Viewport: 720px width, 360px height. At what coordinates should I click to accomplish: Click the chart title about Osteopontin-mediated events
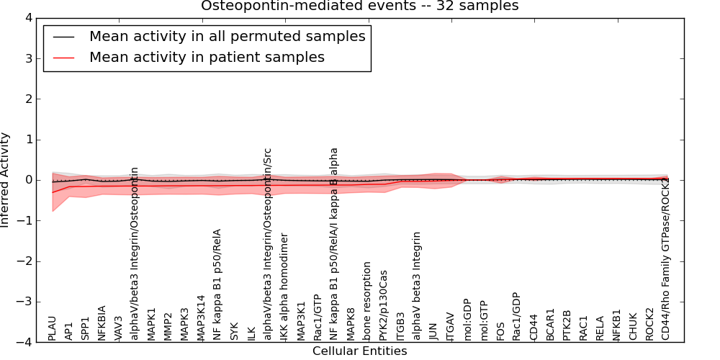(359, 6)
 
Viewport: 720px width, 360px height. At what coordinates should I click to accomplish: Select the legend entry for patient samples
(207, 58)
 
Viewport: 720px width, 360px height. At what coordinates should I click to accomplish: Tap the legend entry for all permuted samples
(227, 37)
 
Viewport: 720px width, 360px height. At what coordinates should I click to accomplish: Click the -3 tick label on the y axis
(27, 302)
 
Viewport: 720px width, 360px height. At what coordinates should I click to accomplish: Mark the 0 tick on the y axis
(31, 180)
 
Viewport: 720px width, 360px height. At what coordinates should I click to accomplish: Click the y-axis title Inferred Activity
(6, 180)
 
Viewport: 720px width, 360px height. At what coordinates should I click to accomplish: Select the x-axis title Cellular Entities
(359, 351)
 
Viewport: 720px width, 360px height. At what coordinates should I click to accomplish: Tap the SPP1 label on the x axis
(85, 328)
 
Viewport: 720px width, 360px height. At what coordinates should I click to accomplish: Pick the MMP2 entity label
(168, 327)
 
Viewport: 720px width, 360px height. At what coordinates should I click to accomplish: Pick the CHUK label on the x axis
(633, 327)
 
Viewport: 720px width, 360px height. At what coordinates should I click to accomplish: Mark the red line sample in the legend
(65, 58)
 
